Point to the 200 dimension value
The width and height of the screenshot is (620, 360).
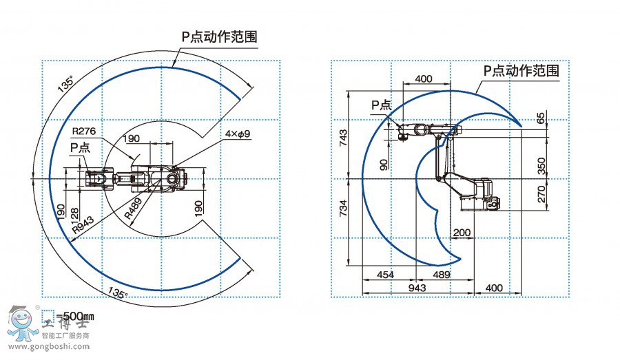click(462, 233)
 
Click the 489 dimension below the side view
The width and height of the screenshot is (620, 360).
click(440, 275)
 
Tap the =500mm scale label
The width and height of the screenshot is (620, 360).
click(74, 317)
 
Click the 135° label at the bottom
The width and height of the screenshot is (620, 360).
click(117, 294)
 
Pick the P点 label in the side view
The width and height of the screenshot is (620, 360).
click(381, 105)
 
